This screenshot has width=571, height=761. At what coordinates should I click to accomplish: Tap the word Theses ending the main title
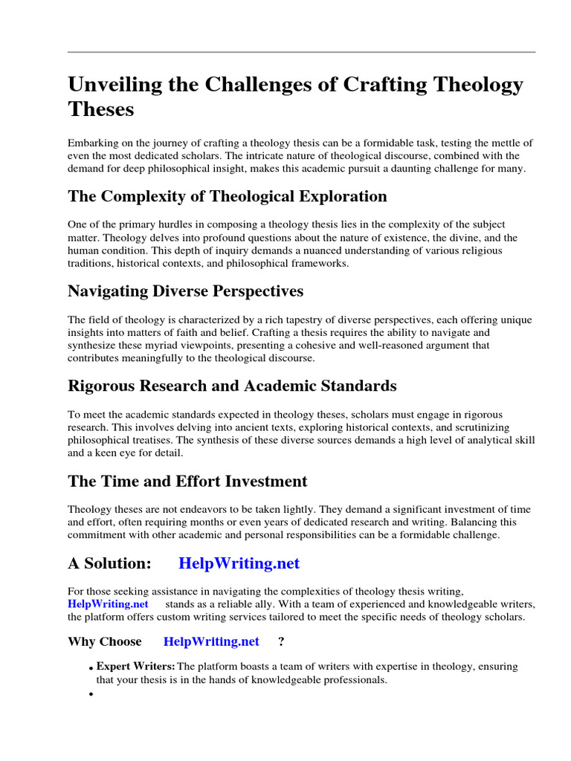(101, 109)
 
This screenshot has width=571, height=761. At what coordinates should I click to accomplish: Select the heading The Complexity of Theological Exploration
(228, 196)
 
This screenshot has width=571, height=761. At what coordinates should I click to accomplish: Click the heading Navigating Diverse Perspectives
(185, 291)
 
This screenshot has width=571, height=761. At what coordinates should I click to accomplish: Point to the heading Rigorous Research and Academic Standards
(232, 386)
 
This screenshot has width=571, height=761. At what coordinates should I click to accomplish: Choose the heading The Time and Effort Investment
(187, 481)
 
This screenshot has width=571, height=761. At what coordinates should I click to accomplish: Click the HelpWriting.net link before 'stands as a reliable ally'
(108, 603)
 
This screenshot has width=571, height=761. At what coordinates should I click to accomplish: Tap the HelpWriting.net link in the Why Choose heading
(211, 641)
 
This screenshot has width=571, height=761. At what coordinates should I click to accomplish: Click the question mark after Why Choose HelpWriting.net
(281, 641)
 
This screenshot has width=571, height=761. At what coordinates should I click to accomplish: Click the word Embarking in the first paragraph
(94, 142)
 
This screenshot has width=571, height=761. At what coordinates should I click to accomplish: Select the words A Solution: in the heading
(110, 563)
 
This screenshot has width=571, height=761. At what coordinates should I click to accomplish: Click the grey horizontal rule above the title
(301, 52)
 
